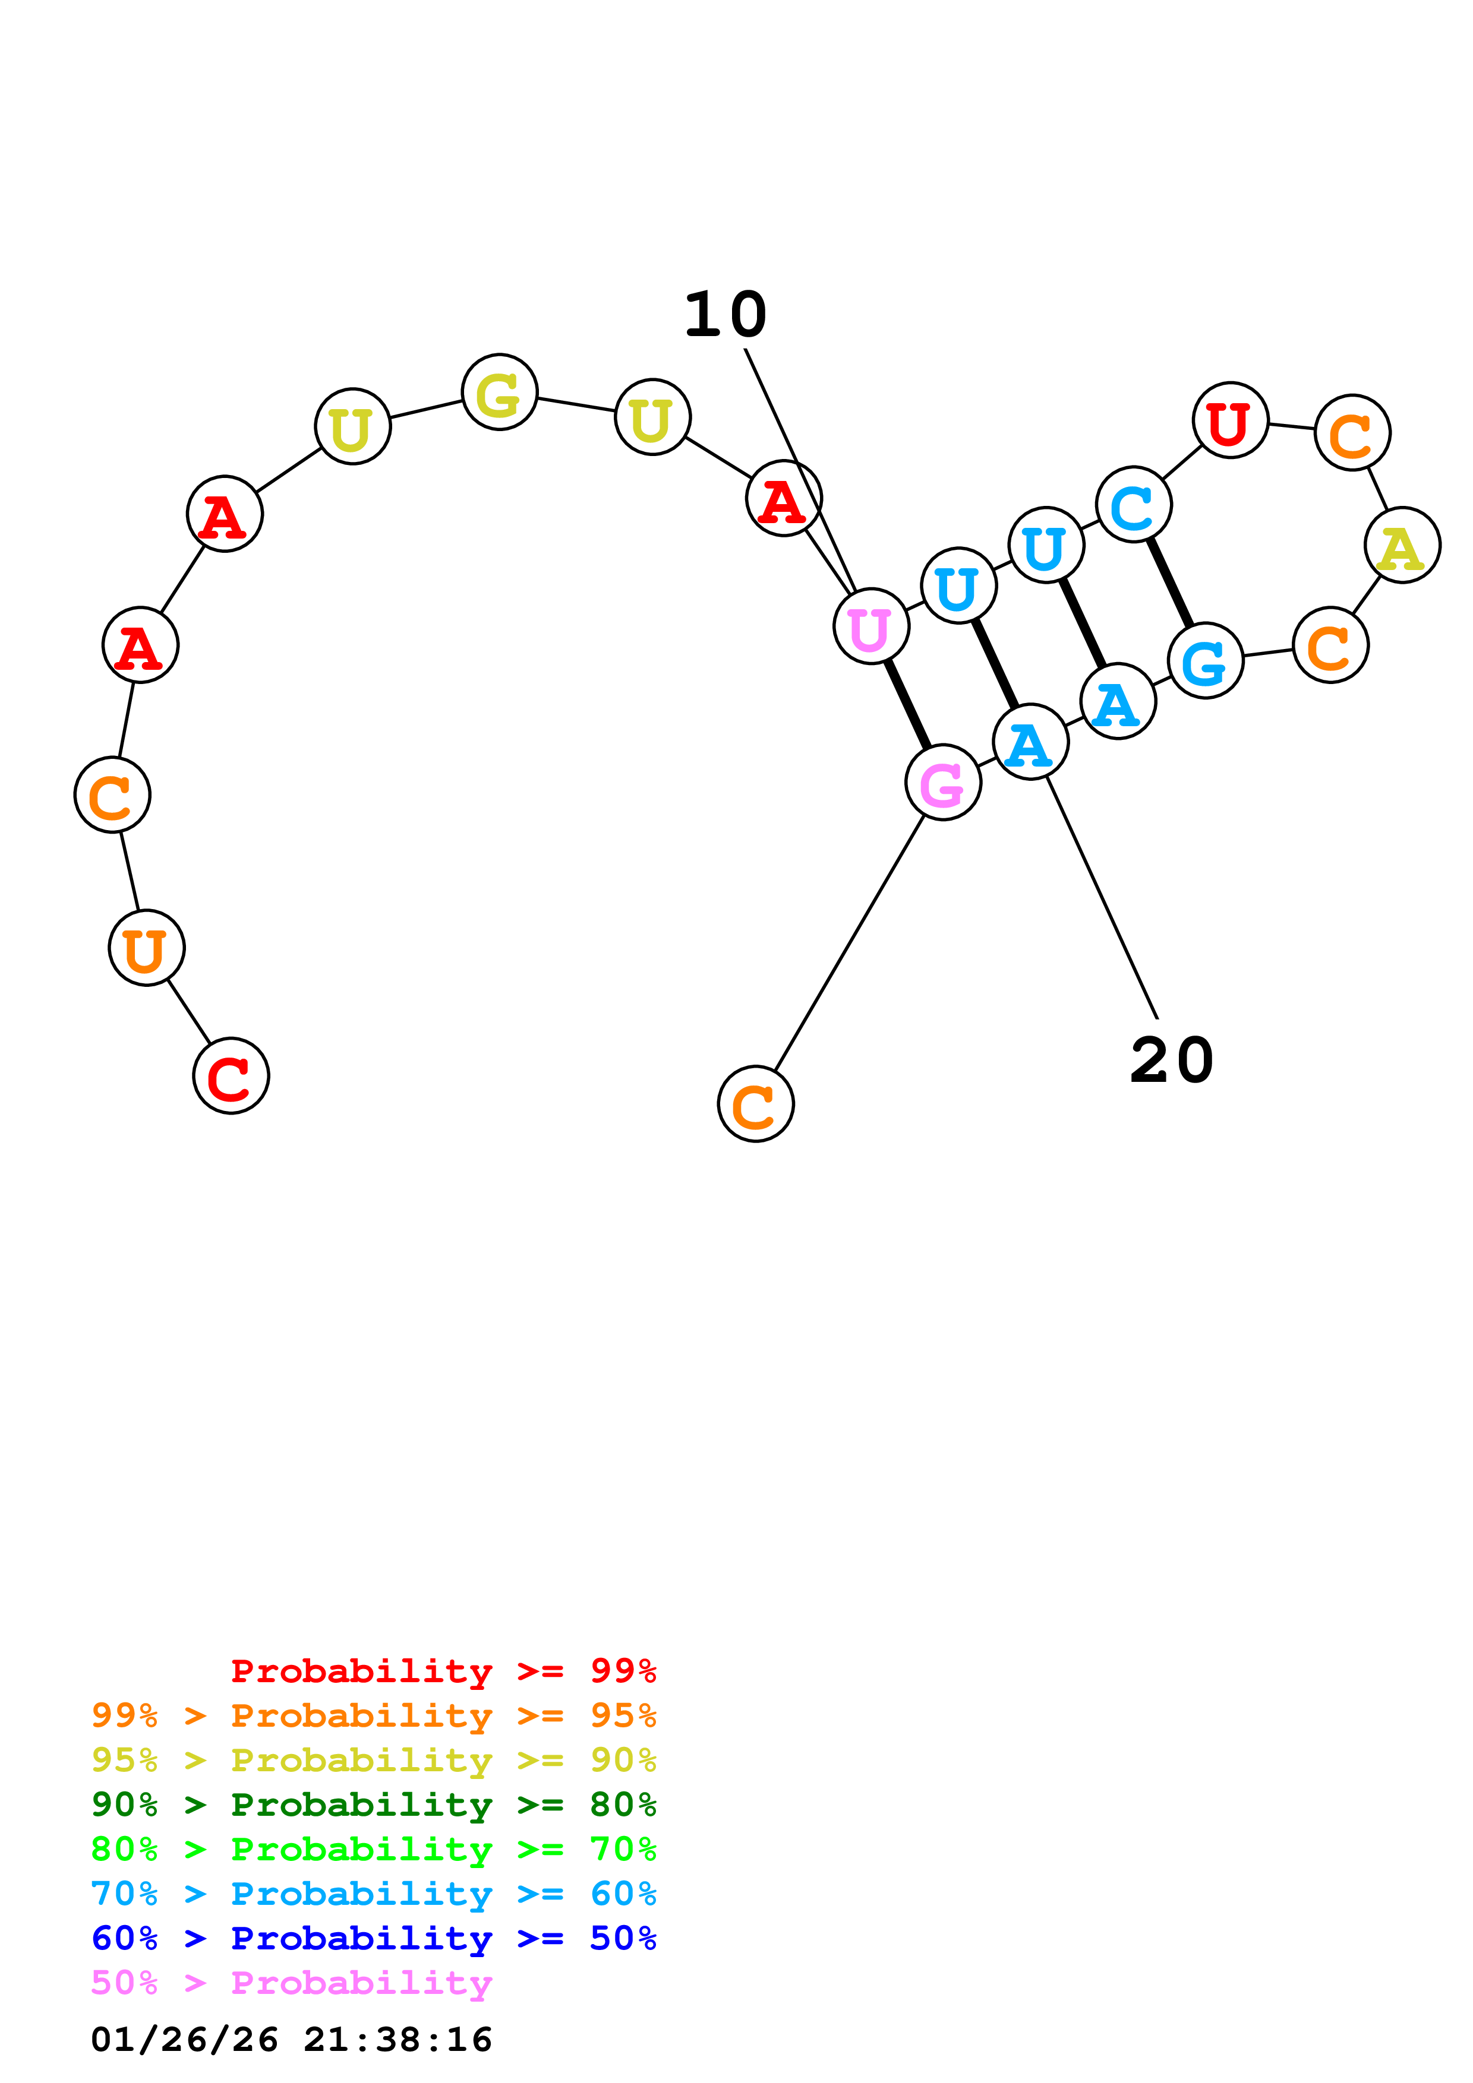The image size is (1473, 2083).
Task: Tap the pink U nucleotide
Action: (870, 626)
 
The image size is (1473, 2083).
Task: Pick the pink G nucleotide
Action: (943, 782)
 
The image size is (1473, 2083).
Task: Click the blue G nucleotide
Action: (1205, 661)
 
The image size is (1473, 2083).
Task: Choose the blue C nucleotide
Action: (1134, 504)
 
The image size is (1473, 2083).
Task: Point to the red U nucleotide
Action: (1230, 420)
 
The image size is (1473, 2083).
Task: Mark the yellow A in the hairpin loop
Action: (1402, 545)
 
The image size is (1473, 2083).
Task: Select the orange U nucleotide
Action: (146, 948)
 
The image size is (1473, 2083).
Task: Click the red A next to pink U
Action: (783, 498)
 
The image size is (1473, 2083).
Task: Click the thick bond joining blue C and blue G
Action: (1170, 583)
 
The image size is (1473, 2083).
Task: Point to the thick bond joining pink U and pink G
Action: (907, 704)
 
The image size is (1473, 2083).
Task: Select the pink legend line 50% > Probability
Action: (291, 1983)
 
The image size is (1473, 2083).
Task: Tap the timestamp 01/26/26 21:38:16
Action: (291, 2040)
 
